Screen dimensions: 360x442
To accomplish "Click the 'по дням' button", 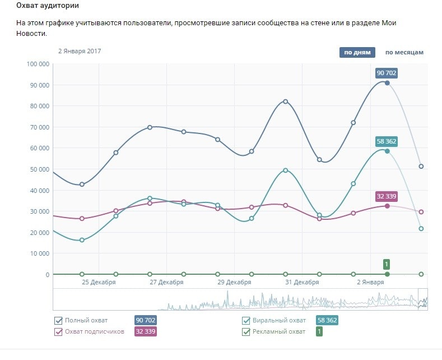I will coord(357,53).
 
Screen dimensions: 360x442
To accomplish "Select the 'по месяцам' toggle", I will coord(404,53).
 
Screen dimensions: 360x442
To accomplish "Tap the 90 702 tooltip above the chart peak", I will coord(387,73).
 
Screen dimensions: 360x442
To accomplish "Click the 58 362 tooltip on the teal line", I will coord(387,141).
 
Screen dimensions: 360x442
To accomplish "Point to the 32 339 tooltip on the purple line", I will coord(387,196).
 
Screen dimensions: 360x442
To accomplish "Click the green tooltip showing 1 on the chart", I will coord(387,264).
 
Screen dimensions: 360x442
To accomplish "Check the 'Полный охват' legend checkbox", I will coord(58,321).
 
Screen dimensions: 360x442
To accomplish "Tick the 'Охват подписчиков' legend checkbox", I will coord(58,331).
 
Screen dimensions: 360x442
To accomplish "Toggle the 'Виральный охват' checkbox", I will coord(246,321).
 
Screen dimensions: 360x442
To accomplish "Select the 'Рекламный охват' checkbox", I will coord(246,331).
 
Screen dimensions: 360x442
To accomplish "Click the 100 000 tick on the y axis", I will coord(38,64).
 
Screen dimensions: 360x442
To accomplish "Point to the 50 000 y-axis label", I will coord(39,169).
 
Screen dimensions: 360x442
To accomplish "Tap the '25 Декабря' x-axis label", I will coord(99,282).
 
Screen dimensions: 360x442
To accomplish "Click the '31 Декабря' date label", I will coord(302,282).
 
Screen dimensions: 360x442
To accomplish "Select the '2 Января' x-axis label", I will coord(370,282).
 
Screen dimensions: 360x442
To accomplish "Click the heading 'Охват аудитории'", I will coord(48,6).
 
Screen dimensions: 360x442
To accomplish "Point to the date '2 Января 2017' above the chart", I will coord(80,51).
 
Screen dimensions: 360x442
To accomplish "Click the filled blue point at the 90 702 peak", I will coord(387,83).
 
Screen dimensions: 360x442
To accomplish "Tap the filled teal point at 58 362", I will coord(387,151).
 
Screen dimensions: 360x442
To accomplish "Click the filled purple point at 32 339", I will coord(387,206).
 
